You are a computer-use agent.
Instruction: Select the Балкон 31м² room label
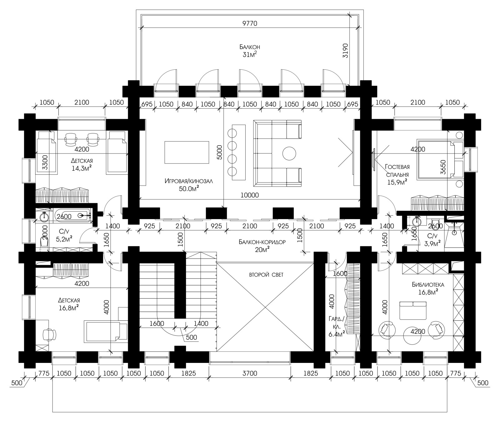(x=250, y=51)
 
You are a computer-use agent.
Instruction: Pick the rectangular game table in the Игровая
(x=187, y=152)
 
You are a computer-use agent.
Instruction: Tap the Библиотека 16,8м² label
(x=428, y=288)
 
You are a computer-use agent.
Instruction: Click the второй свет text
(x=266, y=275)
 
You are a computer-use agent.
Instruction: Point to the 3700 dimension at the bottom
(x=250, y=373)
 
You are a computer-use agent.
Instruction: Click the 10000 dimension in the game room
(x=250, y=195)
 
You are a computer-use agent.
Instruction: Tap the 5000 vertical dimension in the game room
(x=219, y=153)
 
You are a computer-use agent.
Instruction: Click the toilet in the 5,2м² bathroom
(x=44, y=242)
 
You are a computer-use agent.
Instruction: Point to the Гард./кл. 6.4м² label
(x=337, y=326)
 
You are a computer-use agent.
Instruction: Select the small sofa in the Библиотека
(x=413, y=310)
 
